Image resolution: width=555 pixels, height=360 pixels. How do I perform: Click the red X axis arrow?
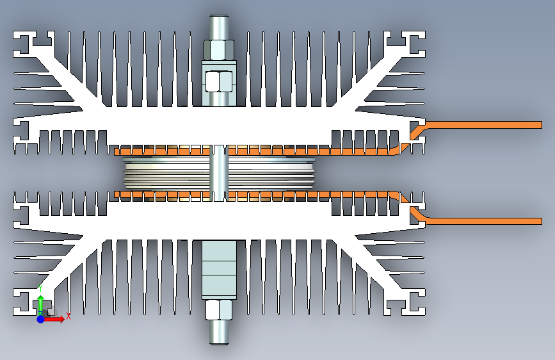coord(54,319)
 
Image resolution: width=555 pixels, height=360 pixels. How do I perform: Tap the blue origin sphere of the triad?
coord(41,319)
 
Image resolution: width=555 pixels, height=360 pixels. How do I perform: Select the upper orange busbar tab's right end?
coord(542,125)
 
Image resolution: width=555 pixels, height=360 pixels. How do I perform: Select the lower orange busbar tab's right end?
coord(542,222)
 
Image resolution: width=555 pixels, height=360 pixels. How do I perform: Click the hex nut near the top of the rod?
coord(219,50)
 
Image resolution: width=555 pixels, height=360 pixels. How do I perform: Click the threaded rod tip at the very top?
coord(219,16)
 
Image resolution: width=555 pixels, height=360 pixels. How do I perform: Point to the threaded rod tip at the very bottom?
coord(219,343)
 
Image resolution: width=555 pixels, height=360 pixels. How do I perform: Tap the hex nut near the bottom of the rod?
coord(219,310)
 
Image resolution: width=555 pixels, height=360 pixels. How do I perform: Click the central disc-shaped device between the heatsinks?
coord(219,174)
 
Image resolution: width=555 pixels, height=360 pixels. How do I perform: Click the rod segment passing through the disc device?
coord(219,173)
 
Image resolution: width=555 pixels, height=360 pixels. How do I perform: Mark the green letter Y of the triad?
coord(40,288)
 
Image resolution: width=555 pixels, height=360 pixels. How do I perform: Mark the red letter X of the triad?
coord(68,316)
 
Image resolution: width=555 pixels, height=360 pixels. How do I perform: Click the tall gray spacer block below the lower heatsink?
coord(219,269)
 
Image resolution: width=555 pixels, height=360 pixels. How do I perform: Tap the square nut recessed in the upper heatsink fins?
coord(219,81)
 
